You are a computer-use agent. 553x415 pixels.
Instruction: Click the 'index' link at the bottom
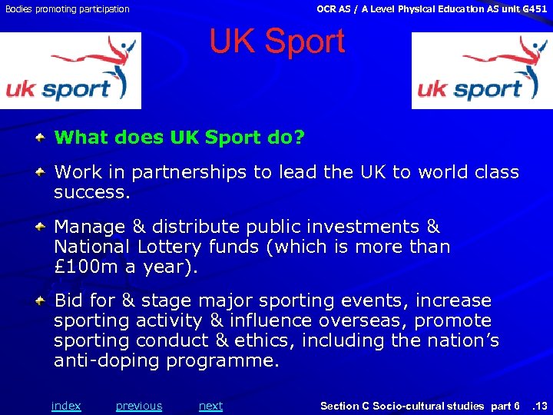(66, 406)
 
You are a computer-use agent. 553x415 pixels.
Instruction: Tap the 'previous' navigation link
(139, 406)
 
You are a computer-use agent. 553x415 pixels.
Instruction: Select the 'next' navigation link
(210, 406)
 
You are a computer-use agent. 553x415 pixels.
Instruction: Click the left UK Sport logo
(71, 71)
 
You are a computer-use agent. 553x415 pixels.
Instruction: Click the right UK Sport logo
(482, 71)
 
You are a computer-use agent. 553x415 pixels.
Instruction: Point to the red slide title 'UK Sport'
(277, 41)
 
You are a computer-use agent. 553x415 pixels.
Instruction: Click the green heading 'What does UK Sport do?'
(180, 138)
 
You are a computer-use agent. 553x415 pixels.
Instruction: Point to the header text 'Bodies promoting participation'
(66, 9)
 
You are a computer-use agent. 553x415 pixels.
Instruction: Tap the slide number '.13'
(540, 406)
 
